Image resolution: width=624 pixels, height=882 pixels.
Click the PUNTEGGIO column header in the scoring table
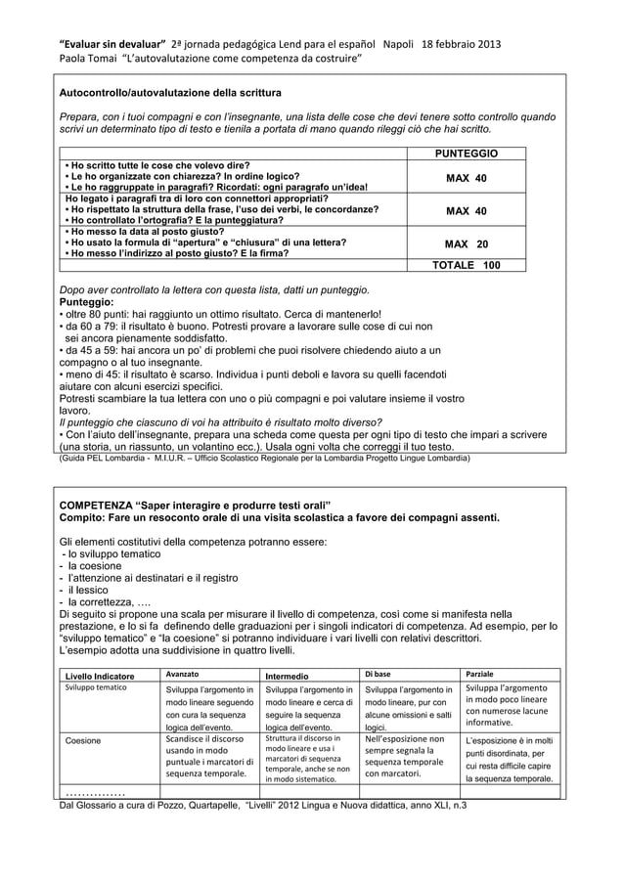[466, 154]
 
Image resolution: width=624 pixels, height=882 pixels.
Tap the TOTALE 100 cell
[466, 265]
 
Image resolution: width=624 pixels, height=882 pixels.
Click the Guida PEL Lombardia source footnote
[264, 457]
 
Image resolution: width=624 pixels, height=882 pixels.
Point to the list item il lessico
[89, 590]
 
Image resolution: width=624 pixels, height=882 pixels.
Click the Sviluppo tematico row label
[96, 689]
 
